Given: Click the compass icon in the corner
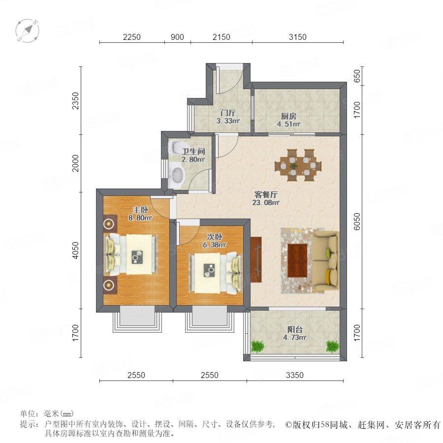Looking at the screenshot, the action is [28, 31].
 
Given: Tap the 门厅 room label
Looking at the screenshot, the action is [228, 113].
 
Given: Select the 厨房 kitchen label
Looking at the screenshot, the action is [288, 116].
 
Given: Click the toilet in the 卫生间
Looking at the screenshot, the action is [177, 147].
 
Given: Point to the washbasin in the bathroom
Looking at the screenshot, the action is [177, 175].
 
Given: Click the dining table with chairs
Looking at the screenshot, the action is [298, 165].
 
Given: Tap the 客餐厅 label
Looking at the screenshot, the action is [266, 194].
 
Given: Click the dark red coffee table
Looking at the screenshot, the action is [297, 261].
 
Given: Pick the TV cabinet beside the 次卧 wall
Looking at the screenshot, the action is [255, 259].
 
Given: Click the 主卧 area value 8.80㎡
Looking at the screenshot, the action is [140, 218].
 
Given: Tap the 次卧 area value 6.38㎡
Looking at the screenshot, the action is [215, 245].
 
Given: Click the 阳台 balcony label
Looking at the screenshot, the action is [295, 329].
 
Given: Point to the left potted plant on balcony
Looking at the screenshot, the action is [257, 347].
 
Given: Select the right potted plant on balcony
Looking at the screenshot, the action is [332, 347].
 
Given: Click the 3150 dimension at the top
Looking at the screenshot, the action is [297, 37].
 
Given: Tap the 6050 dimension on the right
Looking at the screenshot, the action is [357, 221].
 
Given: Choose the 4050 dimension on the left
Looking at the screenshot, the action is [75, 251].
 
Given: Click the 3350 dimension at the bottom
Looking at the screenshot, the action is [295, 375].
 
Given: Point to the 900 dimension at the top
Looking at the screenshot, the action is [177, 37].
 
